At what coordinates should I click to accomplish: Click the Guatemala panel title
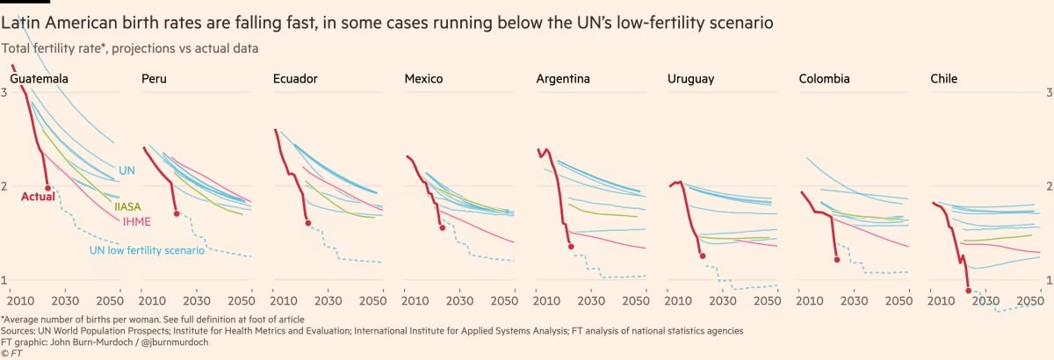click(x=40, y=79)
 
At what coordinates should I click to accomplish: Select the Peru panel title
click(x=154, y=79)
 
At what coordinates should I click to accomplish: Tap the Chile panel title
click(x=944, y=79)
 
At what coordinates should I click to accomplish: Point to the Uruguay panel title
click(x=690, y=79)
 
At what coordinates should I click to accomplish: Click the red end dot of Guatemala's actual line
click(x=47, y=188)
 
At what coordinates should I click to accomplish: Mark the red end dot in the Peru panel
click(x=177, y=213)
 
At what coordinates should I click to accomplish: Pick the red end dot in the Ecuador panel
click(x=307, y=223)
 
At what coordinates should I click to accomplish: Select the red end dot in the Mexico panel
click(x=442, y=227)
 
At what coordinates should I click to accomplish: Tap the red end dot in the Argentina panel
click(x=571, y=247)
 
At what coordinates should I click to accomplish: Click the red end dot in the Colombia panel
click(x=836, y=260)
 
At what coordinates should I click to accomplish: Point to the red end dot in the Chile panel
click(x=968, y=290)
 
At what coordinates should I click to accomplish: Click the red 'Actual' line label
click(x=38, y=196)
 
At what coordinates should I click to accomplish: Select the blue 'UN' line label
click(x=126, y=170)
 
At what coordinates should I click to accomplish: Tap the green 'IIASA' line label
click(x=127, y=207)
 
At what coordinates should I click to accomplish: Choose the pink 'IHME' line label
click(x=137, y=221)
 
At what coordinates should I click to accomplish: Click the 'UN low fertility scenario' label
click(x=148, y=250)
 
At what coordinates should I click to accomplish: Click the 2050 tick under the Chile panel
click(x=1030, y=299)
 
